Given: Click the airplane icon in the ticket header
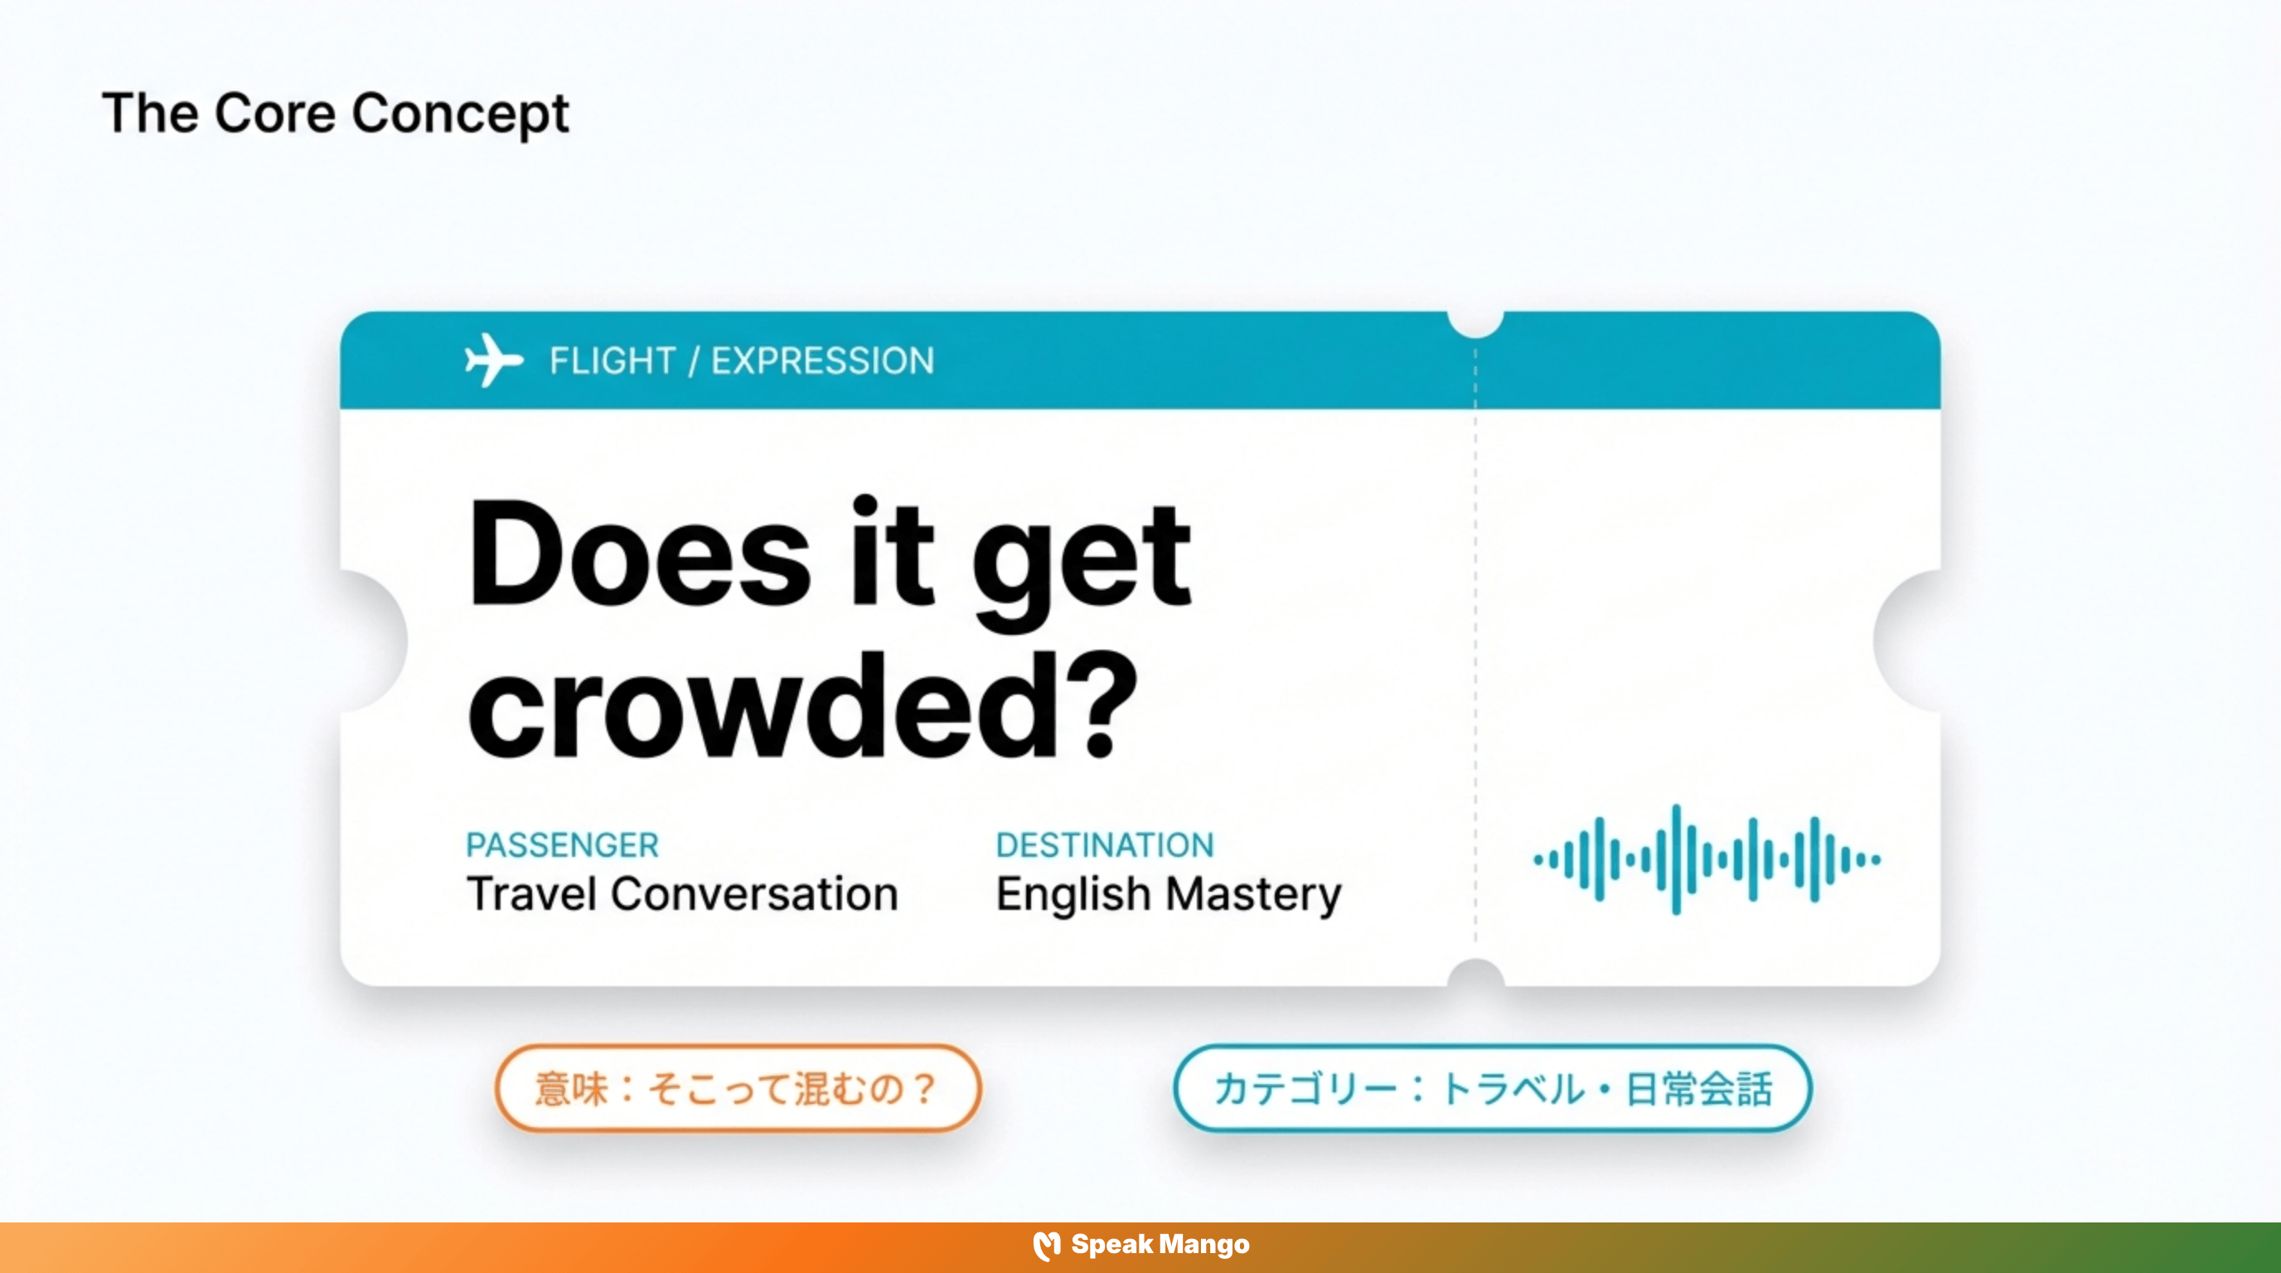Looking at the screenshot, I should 493,361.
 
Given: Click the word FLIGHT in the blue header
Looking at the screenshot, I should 612,361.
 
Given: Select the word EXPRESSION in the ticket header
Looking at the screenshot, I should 821,361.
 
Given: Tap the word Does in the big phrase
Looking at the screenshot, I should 638,556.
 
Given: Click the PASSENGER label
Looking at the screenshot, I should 562,845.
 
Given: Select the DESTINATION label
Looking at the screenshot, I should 1104,845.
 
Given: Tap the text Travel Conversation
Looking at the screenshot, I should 682,893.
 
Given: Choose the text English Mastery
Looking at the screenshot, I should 1168,894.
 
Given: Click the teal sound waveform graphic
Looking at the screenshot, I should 1707,859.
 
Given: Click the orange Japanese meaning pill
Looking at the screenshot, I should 738,1088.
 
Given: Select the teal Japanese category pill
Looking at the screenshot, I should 1492,1088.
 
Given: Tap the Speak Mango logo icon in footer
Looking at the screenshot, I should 1046,1246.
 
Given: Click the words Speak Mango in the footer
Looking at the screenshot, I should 1160,1245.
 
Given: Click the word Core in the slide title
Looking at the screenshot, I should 274,114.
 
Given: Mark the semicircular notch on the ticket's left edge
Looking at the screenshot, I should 372,640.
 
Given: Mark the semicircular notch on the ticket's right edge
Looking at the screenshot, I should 1909,640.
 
